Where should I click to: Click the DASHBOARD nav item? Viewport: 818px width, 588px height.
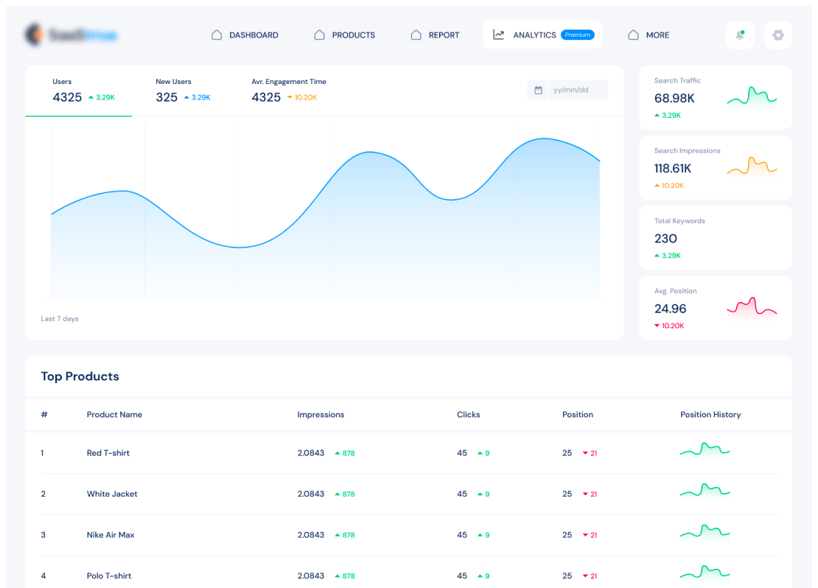click(245, 35)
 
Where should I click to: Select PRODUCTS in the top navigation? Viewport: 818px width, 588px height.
click(345, 35)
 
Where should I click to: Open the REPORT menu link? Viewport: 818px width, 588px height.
click(436, 35)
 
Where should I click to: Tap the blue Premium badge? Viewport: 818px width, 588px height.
click(577, 35)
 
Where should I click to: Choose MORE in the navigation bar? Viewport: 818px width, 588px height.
click(649, 35)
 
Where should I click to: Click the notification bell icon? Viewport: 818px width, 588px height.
click(740, 35)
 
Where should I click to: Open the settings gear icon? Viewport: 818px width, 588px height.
click(778, 35)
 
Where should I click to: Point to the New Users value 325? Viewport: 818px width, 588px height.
click(167, 97)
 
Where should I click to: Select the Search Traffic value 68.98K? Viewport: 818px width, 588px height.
click(674, 98)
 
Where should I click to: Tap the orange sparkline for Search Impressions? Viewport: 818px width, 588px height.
click(752, 167)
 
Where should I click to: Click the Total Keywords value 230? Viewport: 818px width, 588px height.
click(665, 238)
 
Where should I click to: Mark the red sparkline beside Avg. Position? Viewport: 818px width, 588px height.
click(752, 307)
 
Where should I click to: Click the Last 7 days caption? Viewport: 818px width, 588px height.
click(60, 319)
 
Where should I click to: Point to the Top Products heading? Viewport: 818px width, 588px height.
click(80, 377)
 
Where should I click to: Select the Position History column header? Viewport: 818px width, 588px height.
click(710, 415)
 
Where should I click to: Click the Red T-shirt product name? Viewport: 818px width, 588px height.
click(108, 453)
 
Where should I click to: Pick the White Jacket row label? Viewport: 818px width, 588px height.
click(112, 494)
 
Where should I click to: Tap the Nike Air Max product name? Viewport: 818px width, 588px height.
click(111, 535)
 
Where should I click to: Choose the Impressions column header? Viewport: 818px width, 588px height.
click(321, 415)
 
